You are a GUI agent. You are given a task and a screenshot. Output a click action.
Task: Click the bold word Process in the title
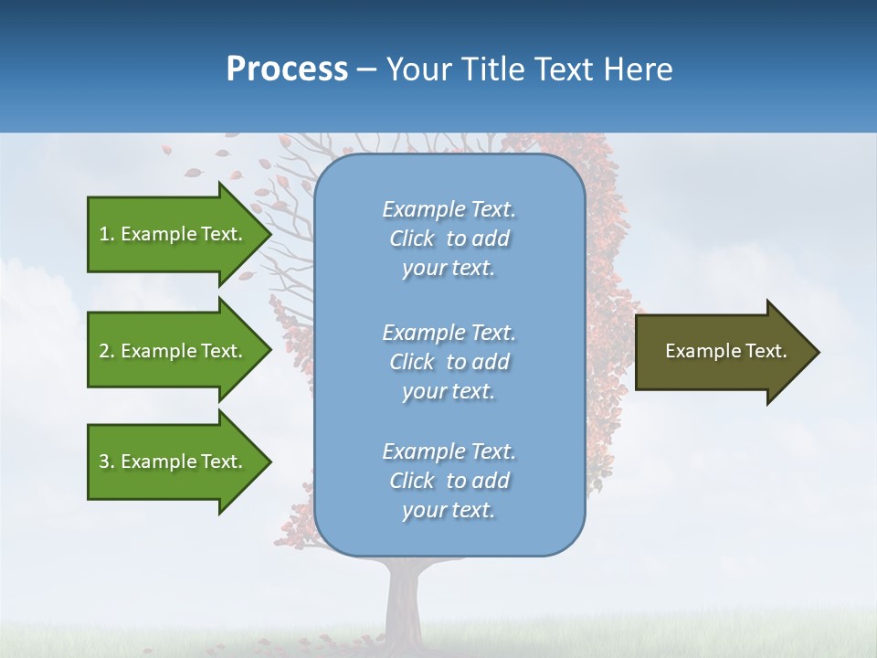pos(287,69)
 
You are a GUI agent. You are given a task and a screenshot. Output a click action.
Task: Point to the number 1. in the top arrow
pos(107,234)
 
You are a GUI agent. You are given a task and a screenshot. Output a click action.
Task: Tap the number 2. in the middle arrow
pos(107,351)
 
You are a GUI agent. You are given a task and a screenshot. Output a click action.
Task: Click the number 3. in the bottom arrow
pos(107,462)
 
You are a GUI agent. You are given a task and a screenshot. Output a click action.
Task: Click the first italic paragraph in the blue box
pos(449,239)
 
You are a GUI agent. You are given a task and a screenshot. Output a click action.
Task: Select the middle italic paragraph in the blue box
pos(449,362)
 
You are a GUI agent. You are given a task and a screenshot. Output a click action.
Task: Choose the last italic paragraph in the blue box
pos(449,481)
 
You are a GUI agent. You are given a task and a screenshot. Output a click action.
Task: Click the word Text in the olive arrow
pos(766,351)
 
